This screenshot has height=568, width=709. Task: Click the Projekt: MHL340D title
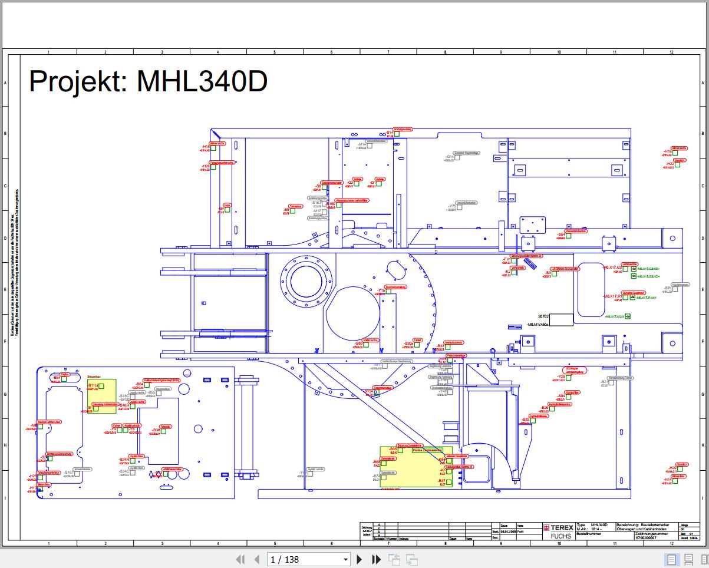tap(149, 81)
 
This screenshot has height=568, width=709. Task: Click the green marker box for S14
tap(397, 134)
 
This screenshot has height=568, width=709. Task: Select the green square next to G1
tap(380, 184)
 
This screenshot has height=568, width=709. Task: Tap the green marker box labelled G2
tap(357, 184)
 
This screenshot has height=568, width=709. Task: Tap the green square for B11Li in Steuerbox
tap(101, 386)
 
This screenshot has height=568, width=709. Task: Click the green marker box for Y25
tap(569, 378)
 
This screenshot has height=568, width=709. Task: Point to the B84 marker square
tap(569, 397)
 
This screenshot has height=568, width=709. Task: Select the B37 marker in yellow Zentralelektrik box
tap(449, 482)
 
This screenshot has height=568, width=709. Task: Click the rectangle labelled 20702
tap(561, 320)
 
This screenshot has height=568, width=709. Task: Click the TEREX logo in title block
tap(556, 528)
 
